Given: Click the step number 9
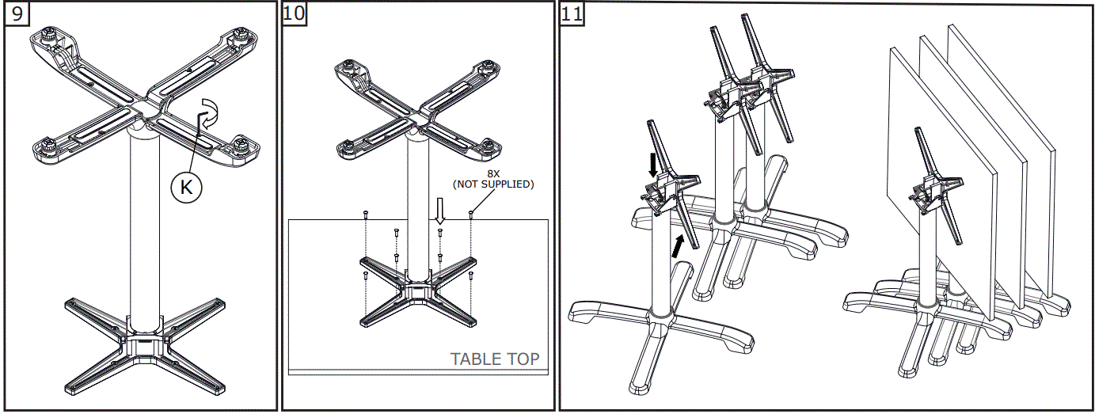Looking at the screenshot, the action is click(x=17, y=13).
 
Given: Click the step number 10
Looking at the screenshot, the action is click(x=295, y=13).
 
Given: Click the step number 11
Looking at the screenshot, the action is click(x=572, y=13).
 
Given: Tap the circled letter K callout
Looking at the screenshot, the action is click(x=186, y=187).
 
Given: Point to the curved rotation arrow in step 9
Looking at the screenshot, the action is click(x=210, y=114).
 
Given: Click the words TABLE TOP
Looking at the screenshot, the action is click(x=495, y=359).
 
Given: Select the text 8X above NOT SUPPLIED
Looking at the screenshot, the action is click(x=493, y=173).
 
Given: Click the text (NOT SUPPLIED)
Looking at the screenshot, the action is click(x=493, y=184).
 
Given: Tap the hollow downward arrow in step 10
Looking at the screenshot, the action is click(x=440, y=211).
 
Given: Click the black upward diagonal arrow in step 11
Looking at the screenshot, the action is click(x=677, y=246).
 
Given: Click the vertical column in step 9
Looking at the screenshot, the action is click(x=145, y=230).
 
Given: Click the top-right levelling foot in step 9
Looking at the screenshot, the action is click(x=240, y=35).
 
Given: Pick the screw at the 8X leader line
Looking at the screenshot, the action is click(x=471, y=215).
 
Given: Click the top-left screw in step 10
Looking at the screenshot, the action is click(x=366, y=214).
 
